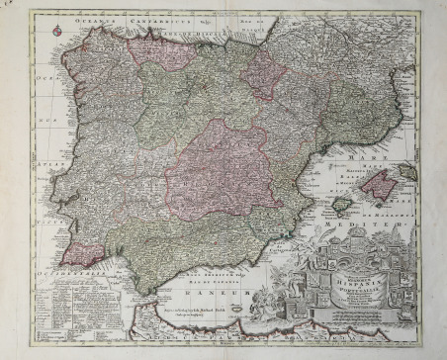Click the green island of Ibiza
[340, 205]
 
